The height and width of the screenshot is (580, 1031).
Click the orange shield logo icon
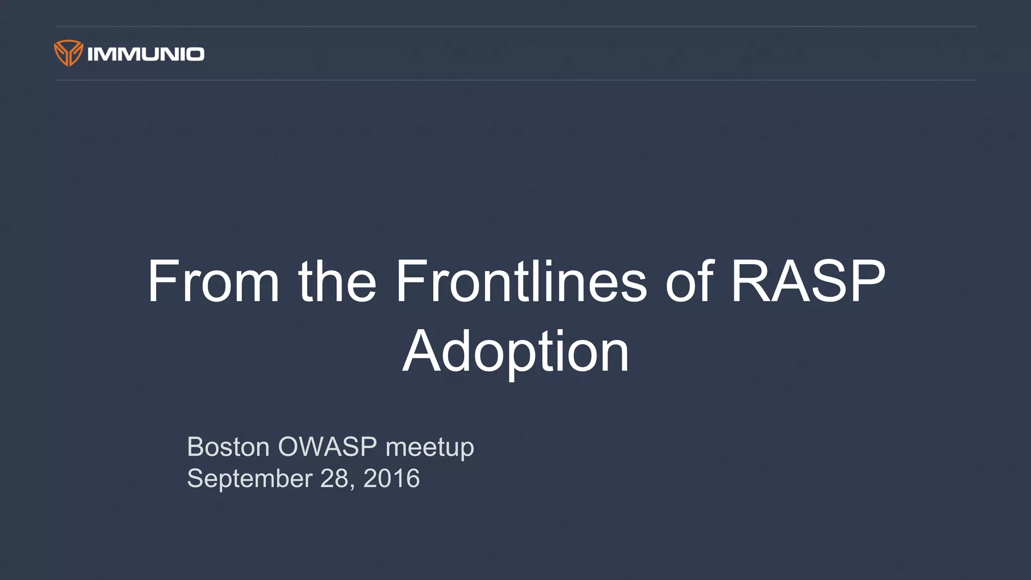click(x=68, y=53)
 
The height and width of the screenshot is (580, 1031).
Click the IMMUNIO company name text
click(x=145, y=54)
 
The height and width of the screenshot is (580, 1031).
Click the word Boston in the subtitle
click(x=228, y=447)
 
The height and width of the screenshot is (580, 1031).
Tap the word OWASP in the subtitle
click(x=327, y=447)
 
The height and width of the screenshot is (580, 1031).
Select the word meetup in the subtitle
click(x=429, y=448)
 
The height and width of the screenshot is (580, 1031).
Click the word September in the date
click(x=250, y=478)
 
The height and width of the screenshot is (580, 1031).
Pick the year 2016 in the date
click(x=391, y=478)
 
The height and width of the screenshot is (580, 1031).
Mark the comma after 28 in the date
click(x=352, y=486)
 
